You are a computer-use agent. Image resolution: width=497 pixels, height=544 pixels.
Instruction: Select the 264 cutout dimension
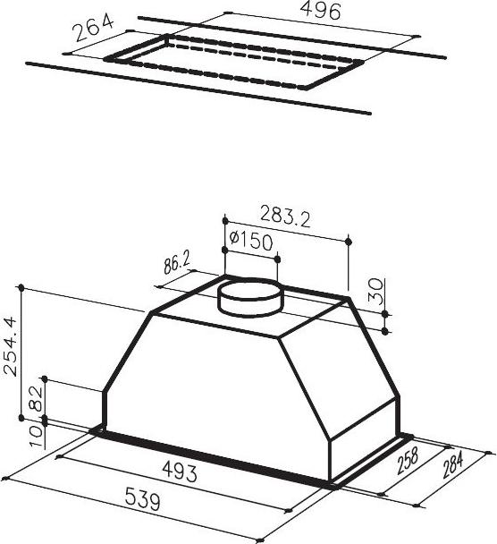pos(94,27)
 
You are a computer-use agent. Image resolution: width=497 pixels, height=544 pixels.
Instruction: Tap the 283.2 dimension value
pos(285,217)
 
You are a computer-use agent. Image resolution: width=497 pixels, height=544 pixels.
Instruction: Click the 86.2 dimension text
pos(177,264)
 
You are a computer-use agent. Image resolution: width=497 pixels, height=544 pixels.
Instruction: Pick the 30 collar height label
pos(375,291)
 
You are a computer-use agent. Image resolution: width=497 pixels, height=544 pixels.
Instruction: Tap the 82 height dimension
pos(36,399)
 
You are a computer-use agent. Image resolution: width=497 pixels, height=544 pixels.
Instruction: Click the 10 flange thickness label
pos(36,437)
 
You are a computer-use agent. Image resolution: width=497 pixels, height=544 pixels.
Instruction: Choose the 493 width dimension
pos(180,472)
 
